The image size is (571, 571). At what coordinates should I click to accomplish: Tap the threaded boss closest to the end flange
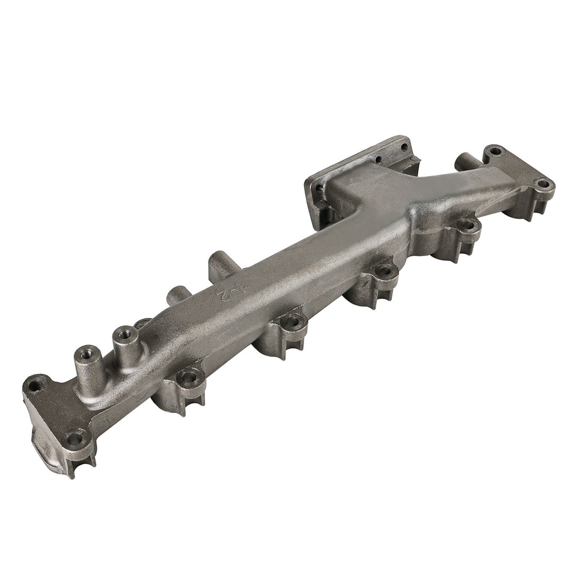click(x=83, y=350)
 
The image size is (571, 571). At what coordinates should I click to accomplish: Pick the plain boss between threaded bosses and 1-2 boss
click(x=176, y=294)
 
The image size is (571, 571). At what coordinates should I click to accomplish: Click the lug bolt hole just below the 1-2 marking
click(x=292, y=322)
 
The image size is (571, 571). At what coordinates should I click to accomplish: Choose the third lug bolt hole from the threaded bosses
click(x=385, y=271)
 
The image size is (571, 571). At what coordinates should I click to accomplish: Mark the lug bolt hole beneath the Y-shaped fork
click(x=466, y=226)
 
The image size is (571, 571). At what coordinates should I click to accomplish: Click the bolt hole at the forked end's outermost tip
click(x=542, y=184)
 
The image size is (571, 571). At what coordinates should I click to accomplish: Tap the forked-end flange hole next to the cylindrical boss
click(x=494, y=151)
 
